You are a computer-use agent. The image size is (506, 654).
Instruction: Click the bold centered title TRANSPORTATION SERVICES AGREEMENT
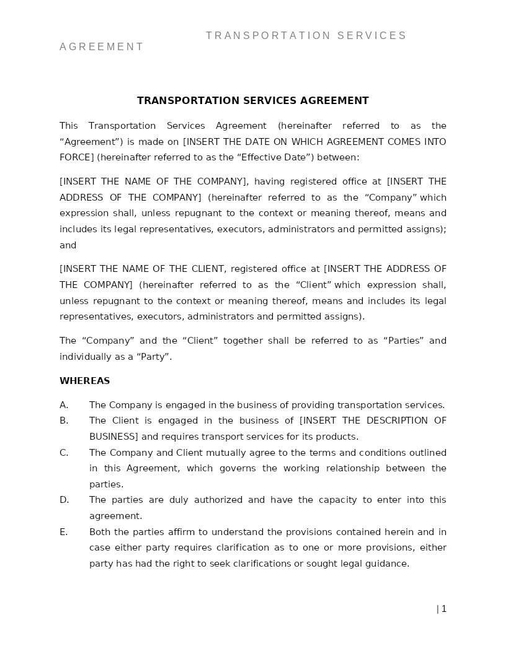[252, 101]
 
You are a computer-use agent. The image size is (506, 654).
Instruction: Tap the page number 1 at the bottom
[444, 609]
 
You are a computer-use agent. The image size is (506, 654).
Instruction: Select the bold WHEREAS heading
[84, 381]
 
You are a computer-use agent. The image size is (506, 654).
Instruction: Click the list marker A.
[63, 405]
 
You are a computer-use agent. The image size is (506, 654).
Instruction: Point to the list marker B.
[63, 421]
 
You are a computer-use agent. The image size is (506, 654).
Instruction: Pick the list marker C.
[63, 453]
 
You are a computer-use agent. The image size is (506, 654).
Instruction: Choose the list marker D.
[64, 500]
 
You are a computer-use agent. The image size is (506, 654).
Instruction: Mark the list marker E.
[63, 532]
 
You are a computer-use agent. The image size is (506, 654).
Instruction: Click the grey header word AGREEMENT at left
[102, 47]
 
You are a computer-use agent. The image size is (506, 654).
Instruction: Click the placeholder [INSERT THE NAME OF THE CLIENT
[142, 269]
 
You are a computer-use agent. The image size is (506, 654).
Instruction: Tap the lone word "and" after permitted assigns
[68, 245]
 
